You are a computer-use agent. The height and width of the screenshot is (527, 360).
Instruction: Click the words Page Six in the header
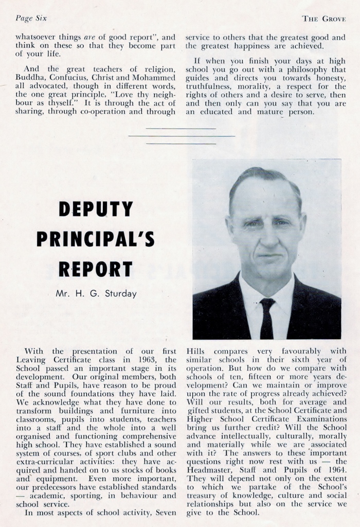(31, 19)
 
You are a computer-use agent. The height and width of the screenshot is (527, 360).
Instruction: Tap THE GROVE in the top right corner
(323, 19)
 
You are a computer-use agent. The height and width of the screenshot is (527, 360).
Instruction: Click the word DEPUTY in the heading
(96, 209)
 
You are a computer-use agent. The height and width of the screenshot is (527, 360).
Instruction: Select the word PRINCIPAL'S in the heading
(96, 239)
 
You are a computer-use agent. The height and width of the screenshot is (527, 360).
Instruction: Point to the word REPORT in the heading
(96, 269)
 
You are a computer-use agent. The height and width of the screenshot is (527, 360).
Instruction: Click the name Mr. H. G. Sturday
(96, 294)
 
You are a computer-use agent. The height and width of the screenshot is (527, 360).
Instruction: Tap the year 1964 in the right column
(337, 462)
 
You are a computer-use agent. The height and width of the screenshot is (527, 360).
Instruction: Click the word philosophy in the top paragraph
(304, 69)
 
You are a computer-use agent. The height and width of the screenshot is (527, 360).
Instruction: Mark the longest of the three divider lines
(182, 136)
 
